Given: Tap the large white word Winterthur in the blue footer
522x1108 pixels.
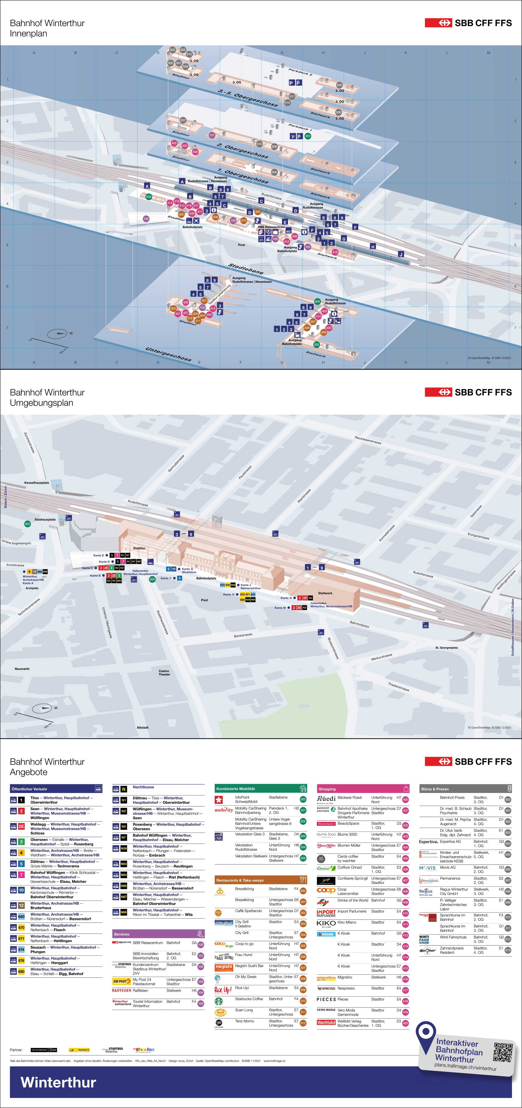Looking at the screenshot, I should click(58, 1082).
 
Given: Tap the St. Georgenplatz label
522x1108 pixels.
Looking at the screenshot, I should click(446, 647).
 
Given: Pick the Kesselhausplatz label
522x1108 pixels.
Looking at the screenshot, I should click(37, 483).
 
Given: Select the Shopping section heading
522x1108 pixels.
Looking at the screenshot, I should click(327, 789).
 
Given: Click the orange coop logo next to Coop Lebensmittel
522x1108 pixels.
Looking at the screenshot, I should click(326, 890).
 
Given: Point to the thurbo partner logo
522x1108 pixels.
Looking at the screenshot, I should click(143, 1049).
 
